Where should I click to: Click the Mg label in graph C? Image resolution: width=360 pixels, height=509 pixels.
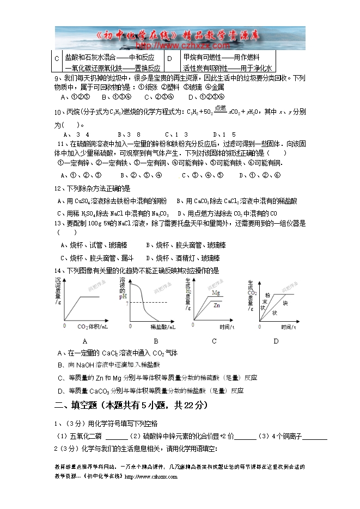(x=216, y=293)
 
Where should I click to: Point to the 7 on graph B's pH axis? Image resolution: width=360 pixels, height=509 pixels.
(x=126, y=303)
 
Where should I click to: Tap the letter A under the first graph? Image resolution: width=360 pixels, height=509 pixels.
(x=84, y=341)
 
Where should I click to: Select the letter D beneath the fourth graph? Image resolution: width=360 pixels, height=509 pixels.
(x=276, y=341)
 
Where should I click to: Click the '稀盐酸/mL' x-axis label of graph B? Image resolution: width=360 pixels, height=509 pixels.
(x=162, y=328)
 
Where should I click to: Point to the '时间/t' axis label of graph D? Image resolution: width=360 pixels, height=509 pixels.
(x=288, y=327)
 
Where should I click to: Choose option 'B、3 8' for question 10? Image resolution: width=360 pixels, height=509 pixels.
(x=129, y=134)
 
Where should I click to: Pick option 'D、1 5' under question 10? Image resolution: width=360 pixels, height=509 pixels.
(x=224, y=134)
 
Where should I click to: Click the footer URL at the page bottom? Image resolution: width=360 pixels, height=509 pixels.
(x=151, y=477)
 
